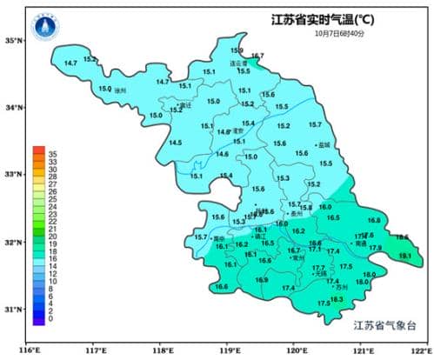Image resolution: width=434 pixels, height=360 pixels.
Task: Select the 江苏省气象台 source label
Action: [x=385, y=326]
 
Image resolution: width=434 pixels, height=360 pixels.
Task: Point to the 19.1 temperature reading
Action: [x=405, y=256]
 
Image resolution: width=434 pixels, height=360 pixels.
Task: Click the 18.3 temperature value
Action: [x=337, y=299]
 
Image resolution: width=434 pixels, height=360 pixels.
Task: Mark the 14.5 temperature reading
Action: [x=176, y=143]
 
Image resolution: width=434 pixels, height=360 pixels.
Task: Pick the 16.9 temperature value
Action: [x=262, y=279]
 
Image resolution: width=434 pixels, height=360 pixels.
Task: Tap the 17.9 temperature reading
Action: [x=375, y=249]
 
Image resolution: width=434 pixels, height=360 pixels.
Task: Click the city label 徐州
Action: [x=120, y=90]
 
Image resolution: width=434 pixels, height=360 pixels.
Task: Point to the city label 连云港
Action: [x=238, y=63]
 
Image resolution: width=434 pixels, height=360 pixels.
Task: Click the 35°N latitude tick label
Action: [x=13, y=40]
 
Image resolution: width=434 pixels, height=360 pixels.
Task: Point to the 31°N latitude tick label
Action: [x=13, y=309]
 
